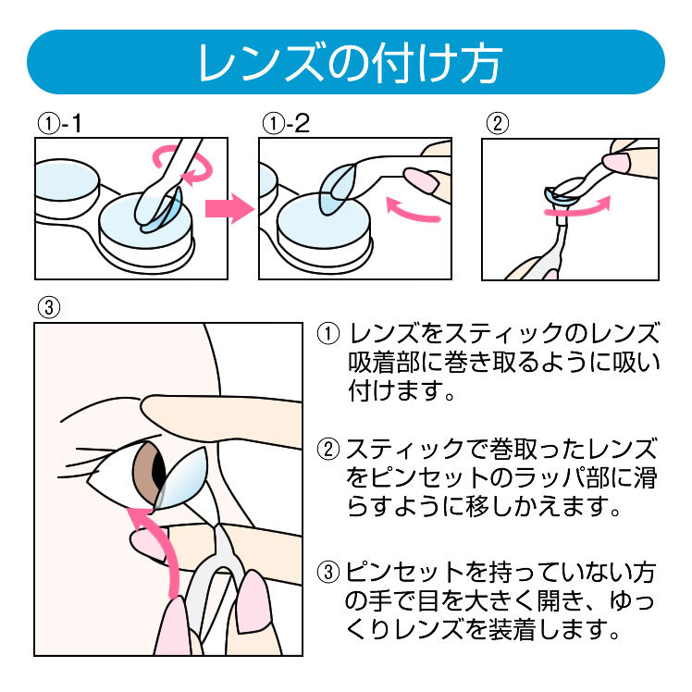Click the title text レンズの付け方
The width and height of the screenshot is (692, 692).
(350, 62)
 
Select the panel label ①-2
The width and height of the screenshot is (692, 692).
(286, 124)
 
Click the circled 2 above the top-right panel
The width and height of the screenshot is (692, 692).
(498, 124)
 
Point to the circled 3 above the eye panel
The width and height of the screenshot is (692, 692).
(49, 307)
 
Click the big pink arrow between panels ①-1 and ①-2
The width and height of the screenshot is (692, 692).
(229, 208)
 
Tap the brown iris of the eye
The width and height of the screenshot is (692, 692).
(145, 472)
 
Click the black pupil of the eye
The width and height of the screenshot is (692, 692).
(158, 471)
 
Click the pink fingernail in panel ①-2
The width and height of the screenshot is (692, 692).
(421, 180)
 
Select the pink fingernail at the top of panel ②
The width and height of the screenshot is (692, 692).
(616, 163)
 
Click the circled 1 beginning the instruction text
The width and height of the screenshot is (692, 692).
(328, 334)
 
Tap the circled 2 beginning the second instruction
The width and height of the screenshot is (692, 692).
(328, 449)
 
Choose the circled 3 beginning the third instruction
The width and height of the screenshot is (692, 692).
(328, 572)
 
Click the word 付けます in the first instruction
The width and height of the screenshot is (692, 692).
(395, 390)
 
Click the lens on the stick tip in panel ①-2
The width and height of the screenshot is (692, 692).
(337, 189)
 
